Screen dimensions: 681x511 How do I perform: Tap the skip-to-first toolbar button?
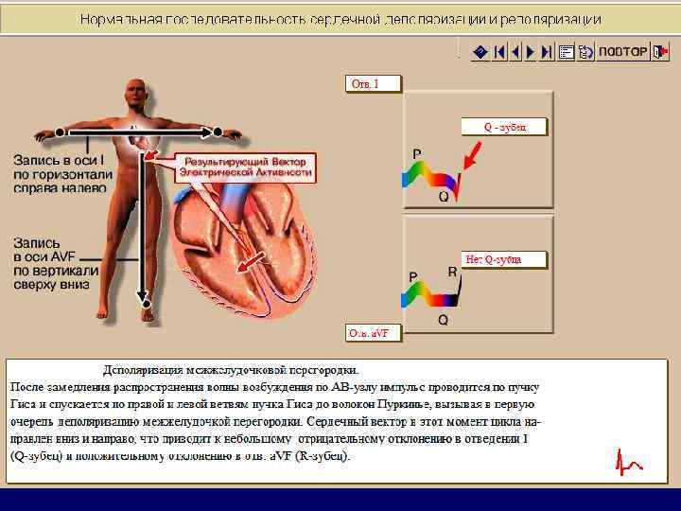(x=500, y=52)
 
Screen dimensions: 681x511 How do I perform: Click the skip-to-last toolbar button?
(x=547, y=52)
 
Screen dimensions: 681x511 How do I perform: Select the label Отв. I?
(x=374, y=84)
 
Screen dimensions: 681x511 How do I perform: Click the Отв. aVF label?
(x=374, y=333)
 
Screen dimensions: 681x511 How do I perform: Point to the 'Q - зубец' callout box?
(x=504, y=126)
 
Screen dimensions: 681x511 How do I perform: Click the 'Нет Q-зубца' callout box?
(x=504, y=258)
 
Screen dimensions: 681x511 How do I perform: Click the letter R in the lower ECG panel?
(x=452, y=272)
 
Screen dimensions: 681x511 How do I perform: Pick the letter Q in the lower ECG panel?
(x=443, y=320)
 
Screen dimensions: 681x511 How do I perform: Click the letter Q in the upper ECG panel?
(x=443, y=197)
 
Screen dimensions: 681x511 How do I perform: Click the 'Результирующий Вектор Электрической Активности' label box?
(x=247, y=168)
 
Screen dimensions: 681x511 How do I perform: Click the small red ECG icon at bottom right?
(x=627, y=463)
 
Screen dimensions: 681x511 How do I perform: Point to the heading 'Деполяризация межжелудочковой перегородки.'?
(x=231, y=370)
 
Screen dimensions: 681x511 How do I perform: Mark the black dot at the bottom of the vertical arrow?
(x=146, y=303)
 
